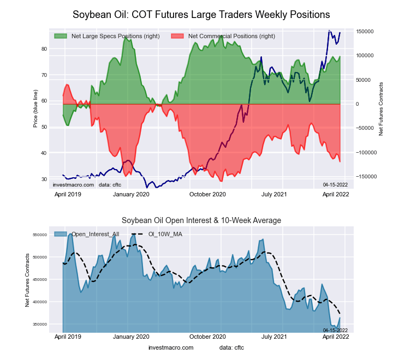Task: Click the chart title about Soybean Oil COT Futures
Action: pos(201,14)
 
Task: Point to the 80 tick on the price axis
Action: pos(44,49)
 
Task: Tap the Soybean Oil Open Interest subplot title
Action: pos(201,220)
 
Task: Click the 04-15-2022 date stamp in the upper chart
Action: pos(335,185)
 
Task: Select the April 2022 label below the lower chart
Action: pos(336,338)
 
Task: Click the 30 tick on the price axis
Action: pos(44,179)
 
